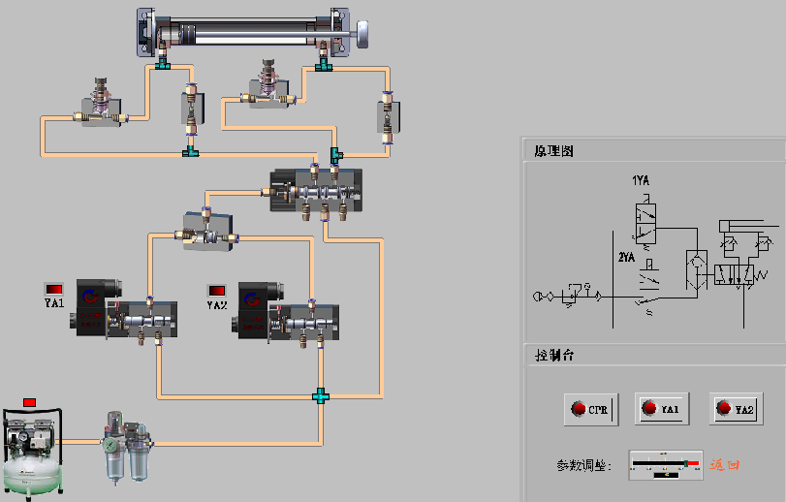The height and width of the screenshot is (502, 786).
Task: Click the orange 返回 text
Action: coord(725,465)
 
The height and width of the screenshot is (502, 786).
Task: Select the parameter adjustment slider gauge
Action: coord(665,465)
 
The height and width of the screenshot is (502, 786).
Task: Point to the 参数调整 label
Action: coord(583,466)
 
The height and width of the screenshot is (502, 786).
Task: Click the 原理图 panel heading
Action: coord(554,151)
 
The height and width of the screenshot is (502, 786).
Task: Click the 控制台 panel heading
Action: coord(554,356)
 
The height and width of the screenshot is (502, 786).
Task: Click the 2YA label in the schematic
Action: coord(627,258)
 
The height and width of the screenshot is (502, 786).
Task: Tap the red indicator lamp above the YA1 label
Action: coord(54,289)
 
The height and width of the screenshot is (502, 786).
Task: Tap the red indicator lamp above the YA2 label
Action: coord(217,290)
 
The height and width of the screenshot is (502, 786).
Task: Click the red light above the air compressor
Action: coord(29,402)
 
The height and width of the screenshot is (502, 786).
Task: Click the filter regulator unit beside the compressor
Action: coord(125,449)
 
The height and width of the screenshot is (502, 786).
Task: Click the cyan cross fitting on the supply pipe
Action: coord(319,395)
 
